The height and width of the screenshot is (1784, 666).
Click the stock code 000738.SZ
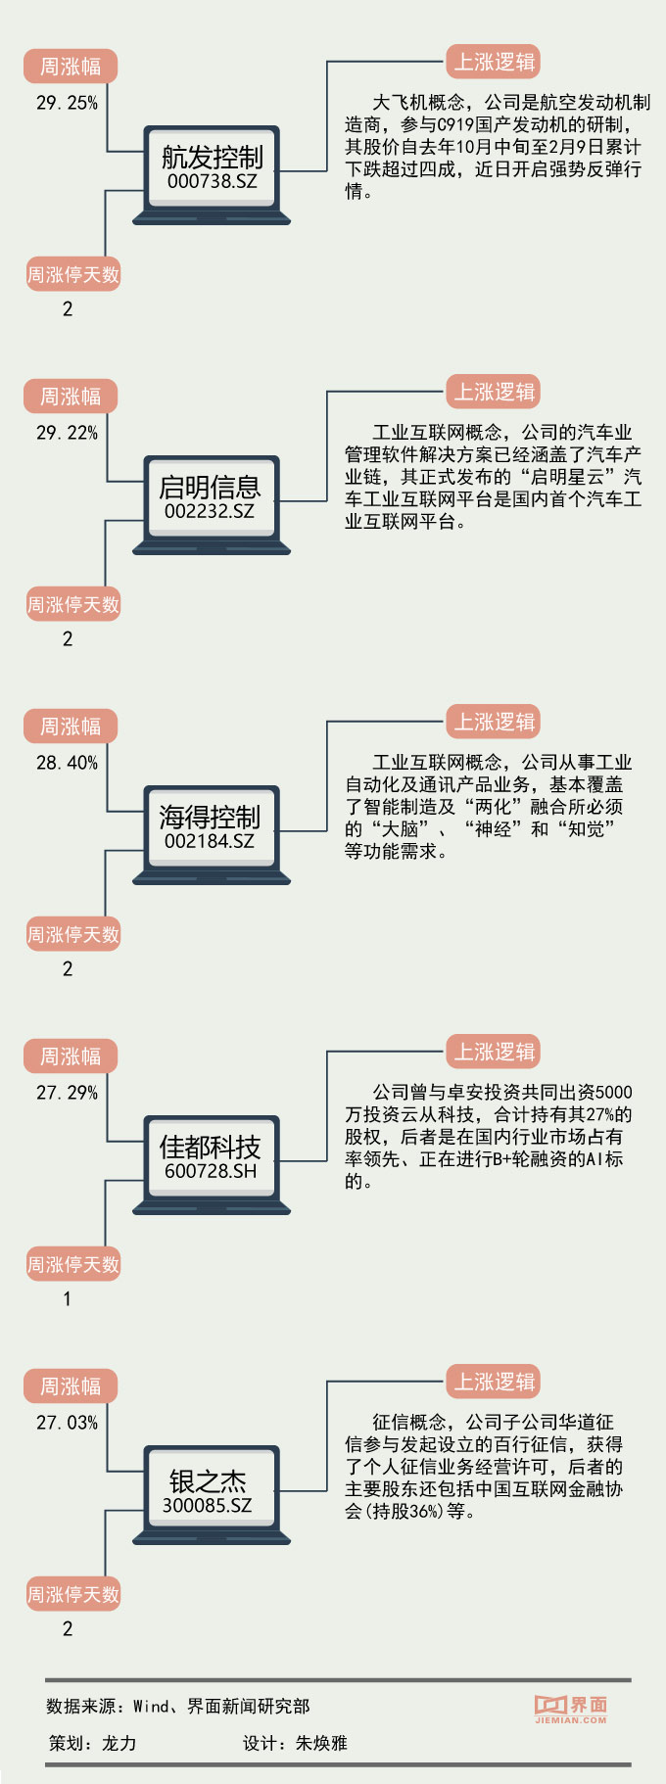212,181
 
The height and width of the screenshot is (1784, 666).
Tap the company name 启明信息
210,487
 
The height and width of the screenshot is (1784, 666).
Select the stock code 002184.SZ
210,841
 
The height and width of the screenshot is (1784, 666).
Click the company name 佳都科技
210,1147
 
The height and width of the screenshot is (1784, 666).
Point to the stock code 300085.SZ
208,1505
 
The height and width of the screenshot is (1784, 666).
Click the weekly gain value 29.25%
67,103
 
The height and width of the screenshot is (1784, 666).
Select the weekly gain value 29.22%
67,433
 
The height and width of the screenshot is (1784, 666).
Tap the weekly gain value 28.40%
67,763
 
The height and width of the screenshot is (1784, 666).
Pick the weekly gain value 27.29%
67,1093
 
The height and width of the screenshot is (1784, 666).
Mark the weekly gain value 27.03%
67,1423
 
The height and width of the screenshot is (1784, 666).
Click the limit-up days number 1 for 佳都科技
67,1299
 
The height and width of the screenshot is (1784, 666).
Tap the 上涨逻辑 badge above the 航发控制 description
494,62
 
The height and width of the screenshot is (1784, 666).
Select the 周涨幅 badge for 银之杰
71,1386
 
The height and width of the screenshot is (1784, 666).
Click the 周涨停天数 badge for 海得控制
73,935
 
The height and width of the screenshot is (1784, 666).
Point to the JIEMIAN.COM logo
571,1709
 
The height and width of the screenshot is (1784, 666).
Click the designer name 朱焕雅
321,1743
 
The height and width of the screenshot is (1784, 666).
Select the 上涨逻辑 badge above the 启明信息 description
494,392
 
